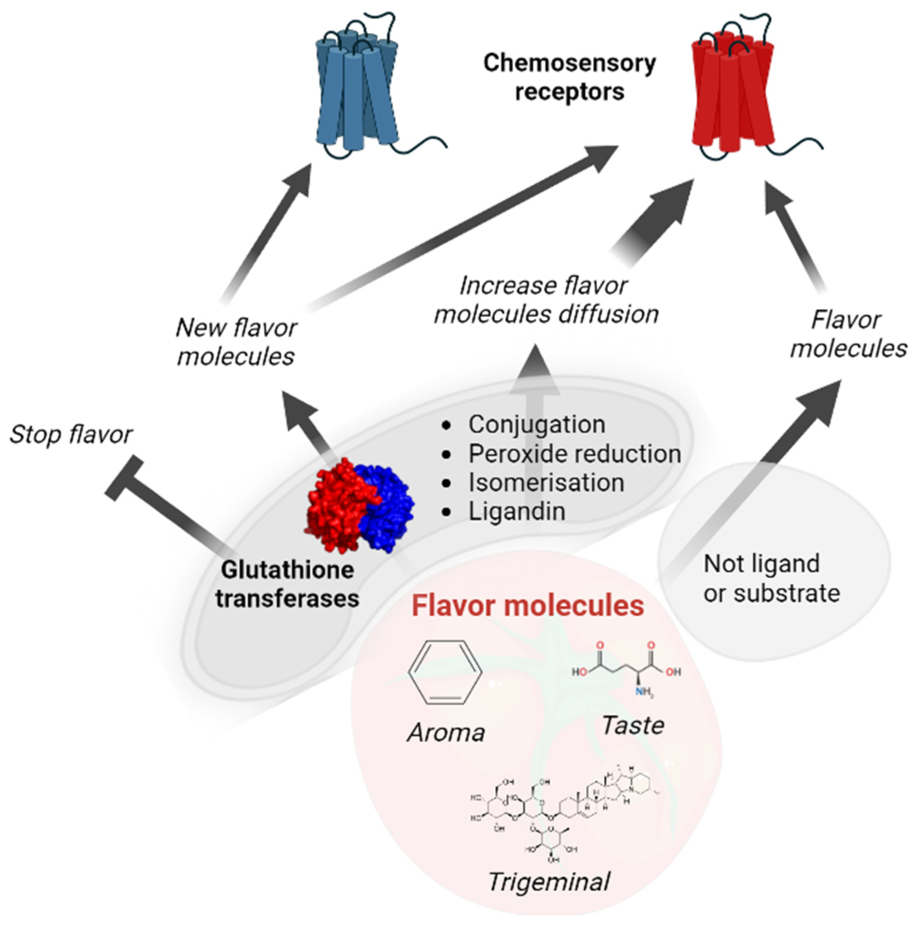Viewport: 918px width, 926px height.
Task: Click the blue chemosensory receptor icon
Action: click(x=357, y=91)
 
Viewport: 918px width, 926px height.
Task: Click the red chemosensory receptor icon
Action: click(x=733, y=91)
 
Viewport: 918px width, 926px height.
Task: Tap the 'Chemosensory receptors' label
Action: click(x=569, y=77)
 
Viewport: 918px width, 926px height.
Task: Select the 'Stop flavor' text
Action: click(x=70, y=435)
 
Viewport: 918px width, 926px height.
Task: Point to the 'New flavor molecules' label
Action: click(x=236, y=342)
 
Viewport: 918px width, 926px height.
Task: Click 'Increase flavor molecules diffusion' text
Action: click(x=546, y=300)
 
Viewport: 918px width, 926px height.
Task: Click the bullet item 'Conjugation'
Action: click(x=536, y=424)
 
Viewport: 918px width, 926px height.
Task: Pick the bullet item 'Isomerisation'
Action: click(x=546, y=482)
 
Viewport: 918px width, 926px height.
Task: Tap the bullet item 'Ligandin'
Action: click(x=517, y=511)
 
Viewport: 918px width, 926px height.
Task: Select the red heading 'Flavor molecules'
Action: click(x=527, y=605)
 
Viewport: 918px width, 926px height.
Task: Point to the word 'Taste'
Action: click(x=633, y=725)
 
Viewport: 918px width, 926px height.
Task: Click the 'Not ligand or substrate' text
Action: click(x=771, y=578)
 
